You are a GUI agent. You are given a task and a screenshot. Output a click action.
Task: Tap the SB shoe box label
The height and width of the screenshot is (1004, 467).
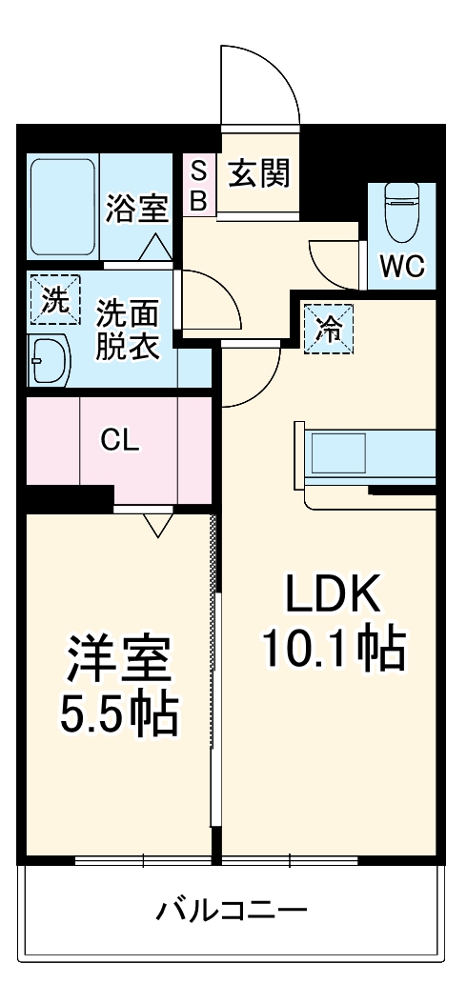click(199, 185)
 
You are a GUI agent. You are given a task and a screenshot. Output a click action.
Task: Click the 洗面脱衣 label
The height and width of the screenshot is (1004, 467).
click(127, 329)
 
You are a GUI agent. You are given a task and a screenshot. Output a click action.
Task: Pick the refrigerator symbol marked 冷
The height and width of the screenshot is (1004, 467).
click(329, 330)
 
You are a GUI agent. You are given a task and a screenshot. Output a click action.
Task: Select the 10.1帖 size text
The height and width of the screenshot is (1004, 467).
click(334, 651)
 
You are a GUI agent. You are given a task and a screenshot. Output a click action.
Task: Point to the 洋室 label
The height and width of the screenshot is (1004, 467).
click(118, 661)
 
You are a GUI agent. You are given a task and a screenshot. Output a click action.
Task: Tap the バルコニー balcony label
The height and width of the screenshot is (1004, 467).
click(232, 911)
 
